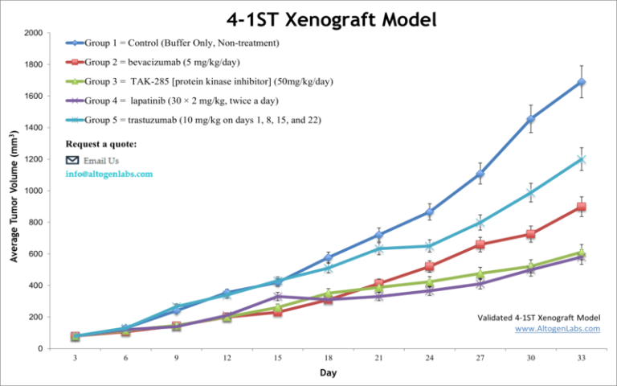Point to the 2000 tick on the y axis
(34, 33)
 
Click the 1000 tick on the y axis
(34, 191)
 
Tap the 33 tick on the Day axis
(581, 358)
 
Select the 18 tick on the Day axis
(327, 358)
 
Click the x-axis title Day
(328, 374)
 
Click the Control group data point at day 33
(581, 82)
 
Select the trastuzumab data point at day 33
(581, 159)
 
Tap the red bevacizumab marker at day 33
(581, 207)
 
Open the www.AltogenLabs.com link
(557, 328)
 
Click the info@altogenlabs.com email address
(109, 174)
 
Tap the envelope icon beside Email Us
(72, 160)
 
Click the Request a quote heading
(101, 145)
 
